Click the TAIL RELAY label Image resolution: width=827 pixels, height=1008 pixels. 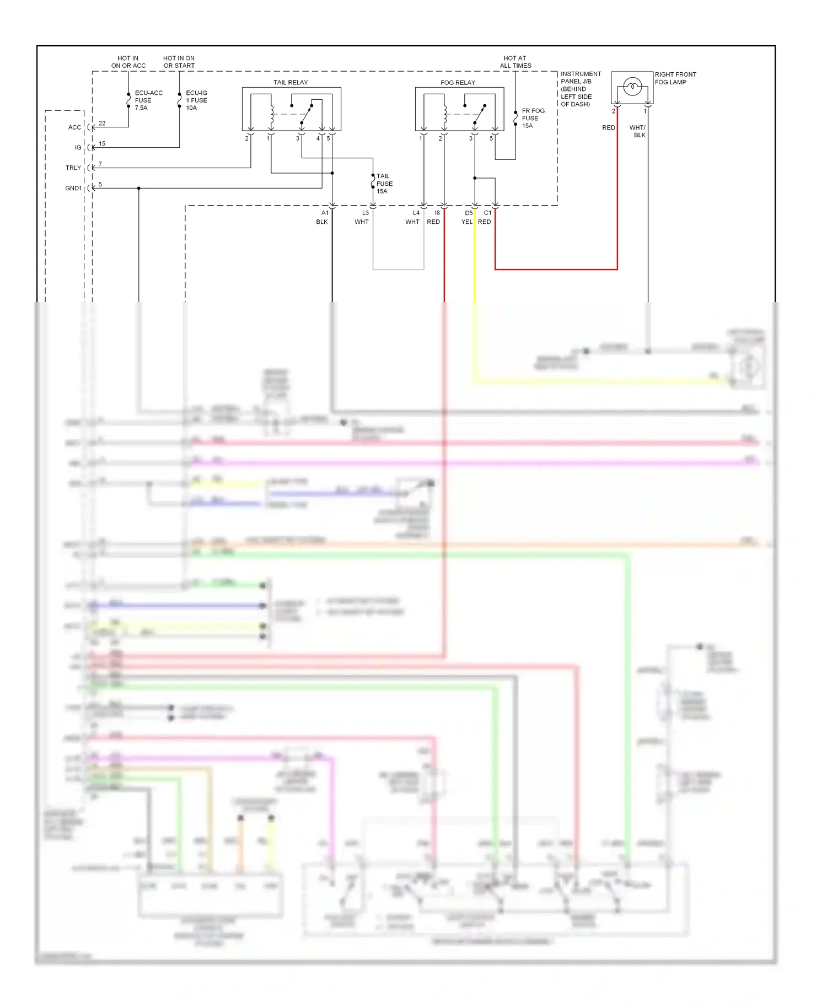(x=291, y=82)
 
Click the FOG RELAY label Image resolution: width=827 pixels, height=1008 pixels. (x=458, y=82)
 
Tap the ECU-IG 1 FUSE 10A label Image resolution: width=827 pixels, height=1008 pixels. (x=196, y=100)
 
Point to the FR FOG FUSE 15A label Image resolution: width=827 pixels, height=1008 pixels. (x=533, y=118)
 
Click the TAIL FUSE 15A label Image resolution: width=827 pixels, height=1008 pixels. (x=384, y=184)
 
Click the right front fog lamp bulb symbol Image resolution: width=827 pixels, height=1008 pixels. (x=632, y=87)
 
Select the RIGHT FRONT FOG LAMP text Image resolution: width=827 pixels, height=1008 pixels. (x=675, y=78)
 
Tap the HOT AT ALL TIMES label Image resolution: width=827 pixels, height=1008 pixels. (x=515, y=62)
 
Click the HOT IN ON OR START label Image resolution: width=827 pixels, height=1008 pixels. (x=179, y=62)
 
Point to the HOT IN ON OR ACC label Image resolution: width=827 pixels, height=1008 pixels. (x=128, y=62)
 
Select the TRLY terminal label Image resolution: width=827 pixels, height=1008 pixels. (x=73, y=168)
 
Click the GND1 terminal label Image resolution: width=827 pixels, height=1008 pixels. (x=73, y=188)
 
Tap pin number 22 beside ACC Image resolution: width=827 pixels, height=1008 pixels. (x=102, y=123)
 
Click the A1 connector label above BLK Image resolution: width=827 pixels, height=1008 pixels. (x=325, y=213)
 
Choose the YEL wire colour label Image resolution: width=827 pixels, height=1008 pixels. (x=466, y=222)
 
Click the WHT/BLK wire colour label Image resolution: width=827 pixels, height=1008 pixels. (x=638, y=131)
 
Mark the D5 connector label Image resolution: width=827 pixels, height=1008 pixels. (x=468, y=213)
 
